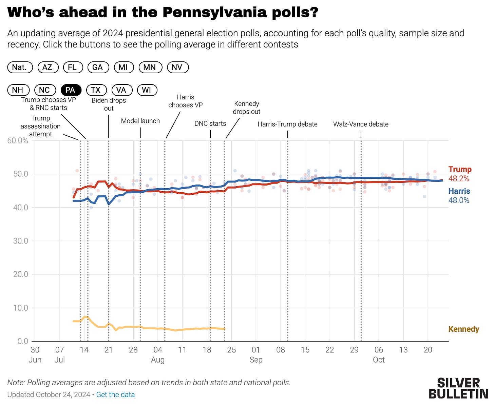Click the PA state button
pyautogui.click(x=71, y=90)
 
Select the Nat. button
pyautogui.click(x=20, y=67)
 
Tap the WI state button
pyautogui.click(x=147, y=90)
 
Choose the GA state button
pyautogui.click(x=98, y=67)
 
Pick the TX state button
pyautogui.click(x=96, y=90)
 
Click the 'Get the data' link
pyautogui.click(x=115, y=394)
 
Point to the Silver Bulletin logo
pyautogui.click(x=458, y=388)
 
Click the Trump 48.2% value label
pyautogui.click(x=459, y=178)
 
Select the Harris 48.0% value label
pyautogui.click(x=459, y=200)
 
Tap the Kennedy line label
pyautogui.click(x=463, y=329)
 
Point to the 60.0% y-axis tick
pyautogui.click(x=18, y=140)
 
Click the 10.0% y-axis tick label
pyautogui.click(x=20, y=308)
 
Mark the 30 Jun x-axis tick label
pyautogui.click(x=35, y=354)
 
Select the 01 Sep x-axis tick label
pyautogui.click(x=256, y=354)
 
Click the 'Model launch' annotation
pyautogui.click(x=140, y=121)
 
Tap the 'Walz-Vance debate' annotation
pyautogui.click(x=361, y=124)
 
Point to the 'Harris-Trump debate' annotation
pyautogui.click(x=287, y=124)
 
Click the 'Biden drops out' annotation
pyautogui.click(x=109, y=104)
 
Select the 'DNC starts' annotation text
pyautogui.click(x=210, y=123)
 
